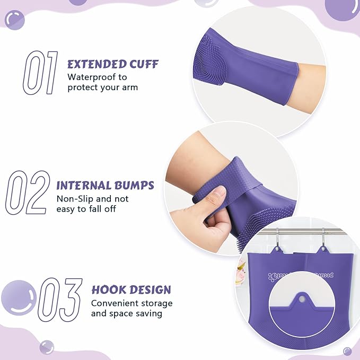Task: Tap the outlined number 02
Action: (28, 191)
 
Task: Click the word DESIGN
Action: (150, 290)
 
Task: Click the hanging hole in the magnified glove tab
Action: (302, 299)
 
